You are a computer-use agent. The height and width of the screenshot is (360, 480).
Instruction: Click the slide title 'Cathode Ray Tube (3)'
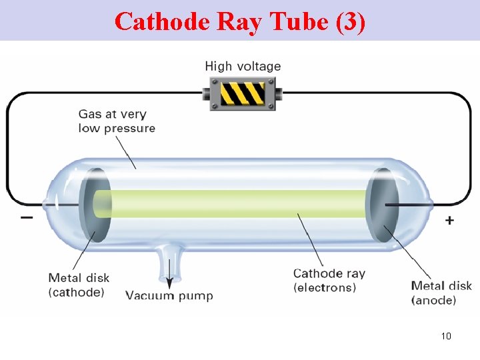(240, 21)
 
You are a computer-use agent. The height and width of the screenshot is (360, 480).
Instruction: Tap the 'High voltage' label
(243, 66)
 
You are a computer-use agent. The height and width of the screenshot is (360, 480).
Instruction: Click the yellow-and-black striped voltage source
(243, 93)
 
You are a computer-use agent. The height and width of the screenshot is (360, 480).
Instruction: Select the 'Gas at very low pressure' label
(117, 121)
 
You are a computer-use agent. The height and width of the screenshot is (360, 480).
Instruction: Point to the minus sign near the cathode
(27, 218)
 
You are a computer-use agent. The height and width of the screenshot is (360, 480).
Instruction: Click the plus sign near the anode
(449, 220)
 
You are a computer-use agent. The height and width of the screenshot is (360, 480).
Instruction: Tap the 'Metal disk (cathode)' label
(79, 285)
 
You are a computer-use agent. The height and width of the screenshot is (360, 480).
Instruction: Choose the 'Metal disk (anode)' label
(441, 293)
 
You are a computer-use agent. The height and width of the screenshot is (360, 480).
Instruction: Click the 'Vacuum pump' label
(169, 295)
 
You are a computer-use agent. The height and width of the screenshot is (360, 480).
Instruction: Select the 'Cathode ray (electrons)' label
(329, 280)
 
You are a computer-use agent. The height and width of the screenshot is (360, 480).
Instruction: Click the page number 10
(446, 335)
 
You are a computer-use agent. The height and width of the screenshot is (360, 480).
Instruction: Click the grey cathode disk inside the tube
(94, 205)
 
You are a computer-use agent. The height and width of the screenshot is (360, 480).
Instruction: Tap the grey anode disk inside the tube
(383, 205)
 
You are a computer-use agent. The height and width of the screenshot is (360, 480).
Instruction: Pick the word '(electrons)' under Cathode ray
(325, 287)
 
